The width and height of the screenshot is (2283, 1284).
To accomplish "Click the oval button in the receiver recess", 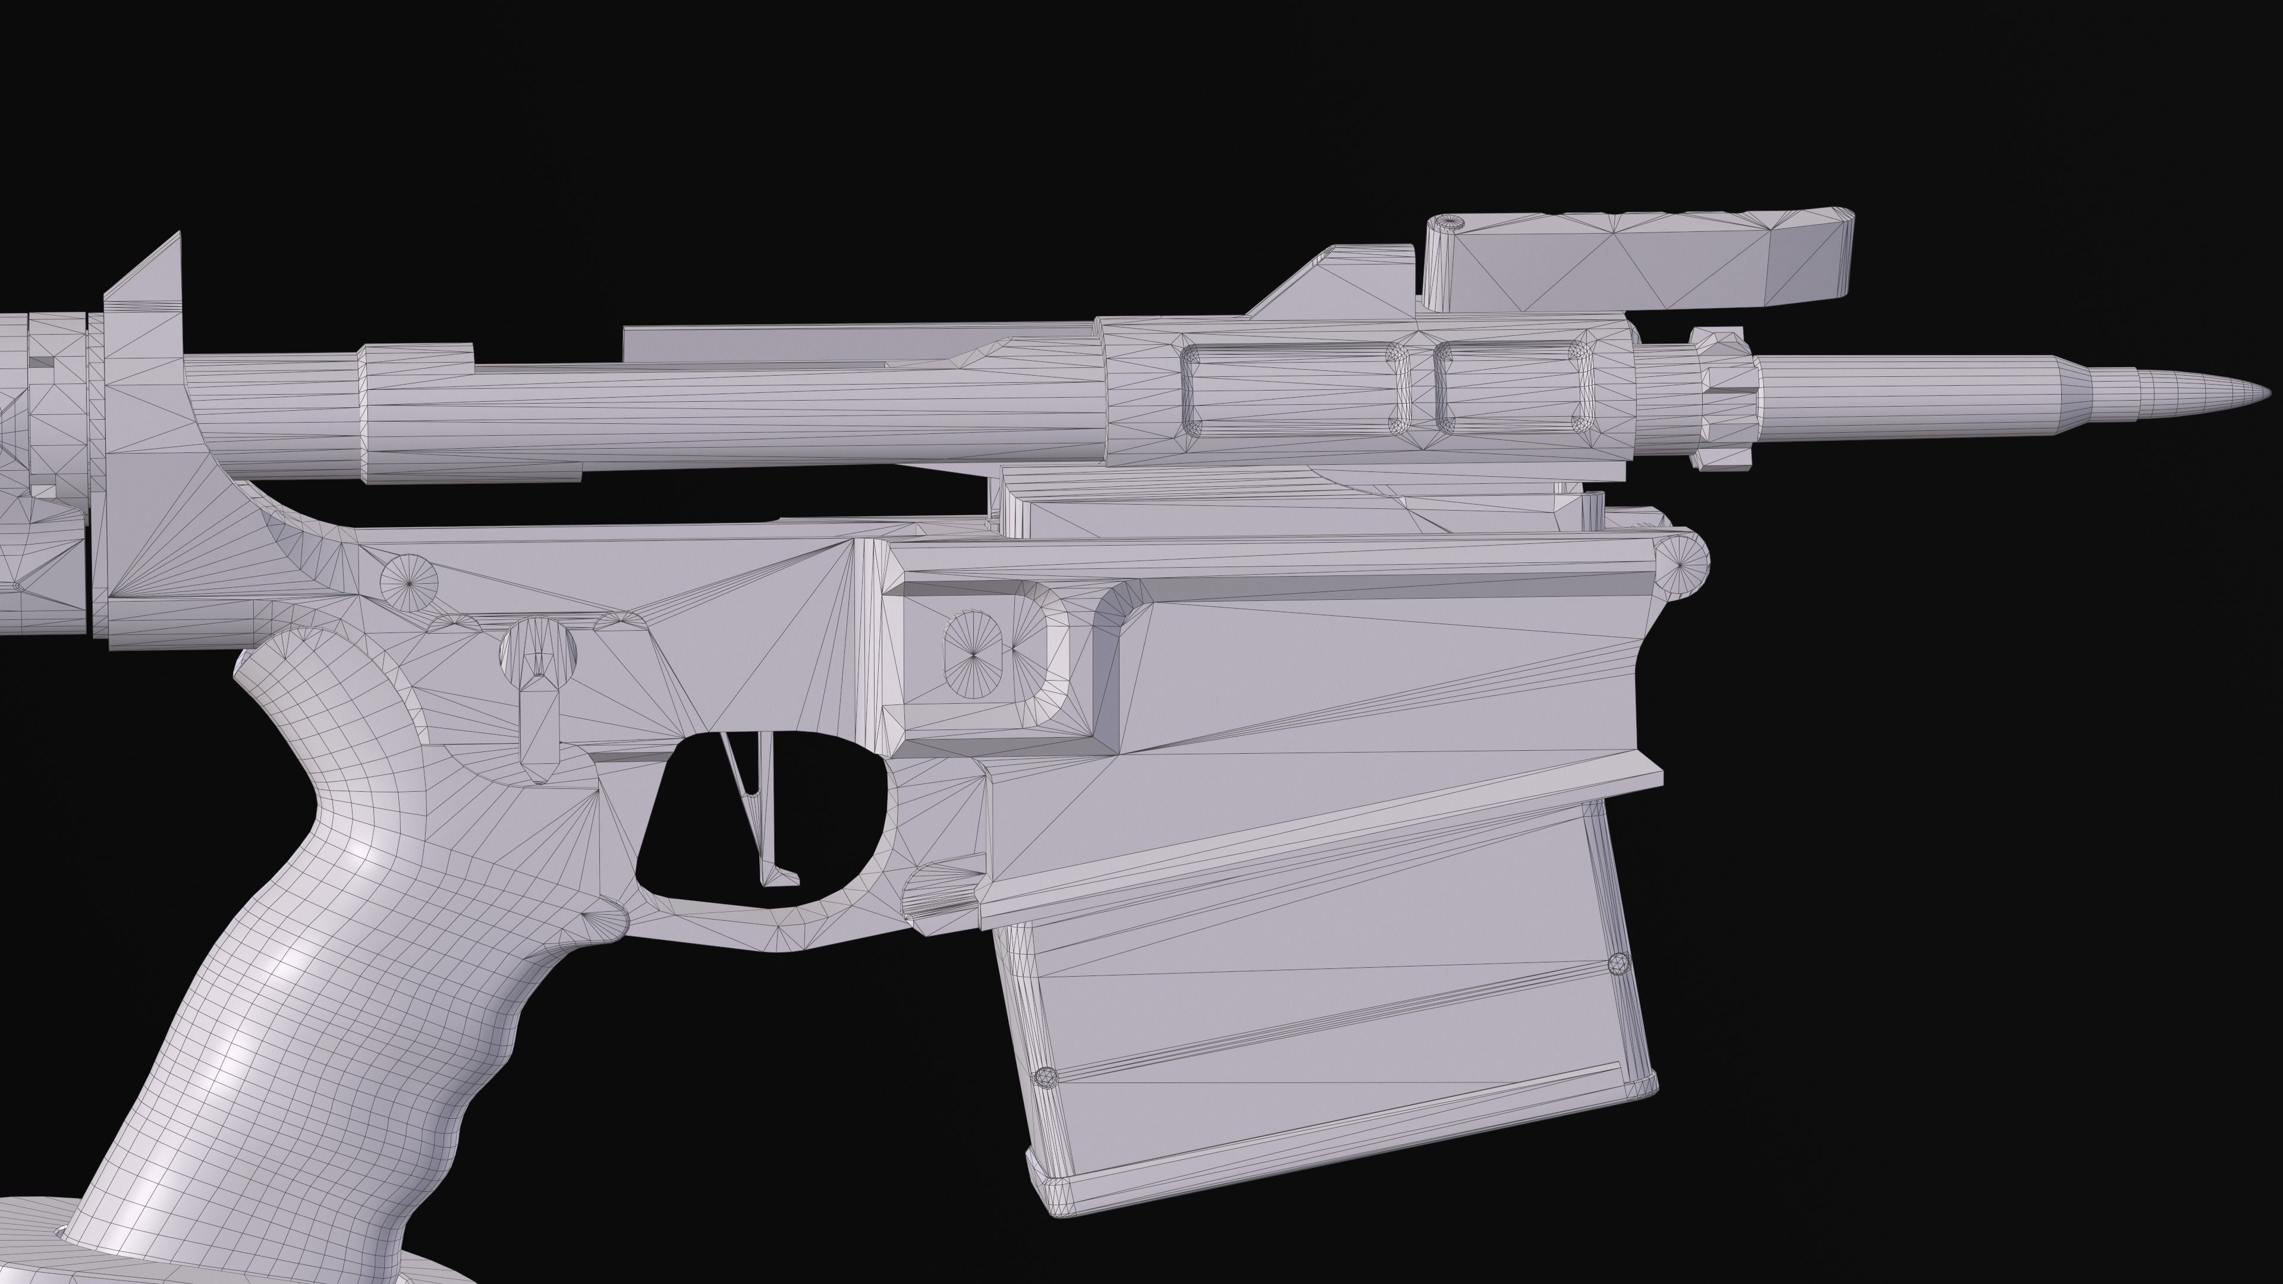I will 973,654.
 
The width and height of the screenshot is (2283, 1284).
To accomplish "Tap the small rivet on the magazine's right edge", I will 1618,963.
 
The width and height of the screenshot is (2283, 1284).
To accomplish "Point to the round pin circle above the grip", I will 410,582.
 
